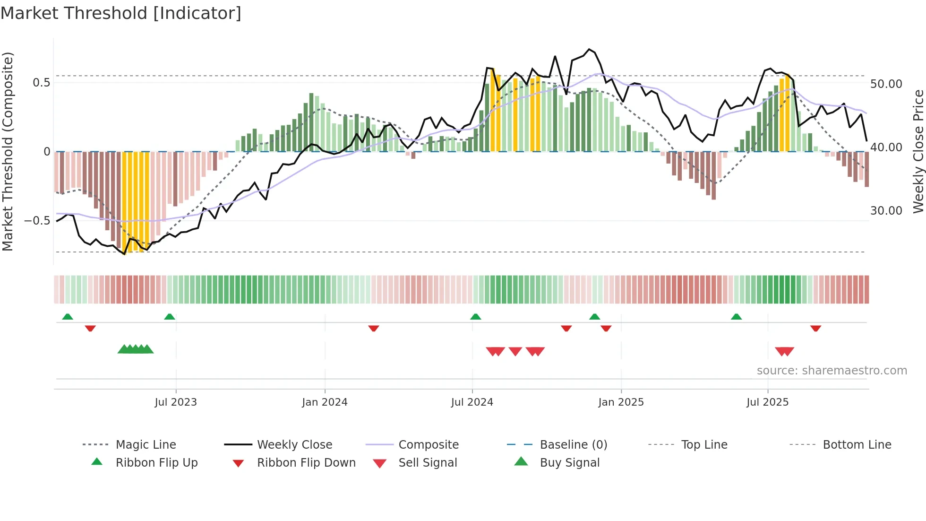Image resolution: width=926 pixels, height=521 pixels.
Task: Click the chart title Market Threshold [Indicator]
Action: (x=121, y=13)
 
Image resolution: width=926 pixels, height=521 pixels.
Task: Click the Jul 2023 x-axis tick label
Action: (x=176, y=402)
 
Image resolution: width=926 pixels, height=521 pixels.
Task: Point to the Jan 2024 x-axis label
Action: (x=325, y=402)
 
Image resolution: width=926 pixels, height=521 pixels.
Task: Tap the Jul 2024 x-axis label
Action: (x=472, y=402)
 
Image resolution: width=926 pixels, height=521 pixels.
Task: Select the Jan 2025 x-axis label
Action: (x=621, y=402)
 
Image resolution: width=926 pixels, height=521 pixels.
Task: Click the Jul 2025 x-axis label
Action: (x=768, y=402)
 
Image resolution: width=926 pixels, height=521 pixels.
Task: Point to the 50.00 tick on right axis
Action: (x=886, y=84)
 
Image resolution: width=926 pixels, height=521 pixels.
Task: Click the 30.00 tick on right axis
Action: (x=886, y=211)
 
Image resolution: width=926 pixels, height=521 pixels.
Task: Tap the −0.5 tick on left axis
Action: (x=37, y=221)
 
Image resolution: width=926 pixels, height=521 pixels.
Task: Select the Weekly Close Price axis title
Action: (x=918, y=151)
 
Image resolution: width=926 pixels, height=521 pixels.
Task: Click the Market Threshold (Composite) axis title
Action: (x=8, y=151)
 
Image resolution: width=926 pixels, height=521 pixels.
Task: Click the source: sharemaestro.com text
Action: (x=832, y=371)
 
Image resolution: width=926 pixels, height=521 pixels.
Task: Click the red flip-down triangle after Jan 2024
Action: (x=374, y=328)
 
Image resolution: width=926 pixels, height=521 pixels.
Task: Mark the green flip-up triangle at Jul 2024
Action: (x=476, y=317)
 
